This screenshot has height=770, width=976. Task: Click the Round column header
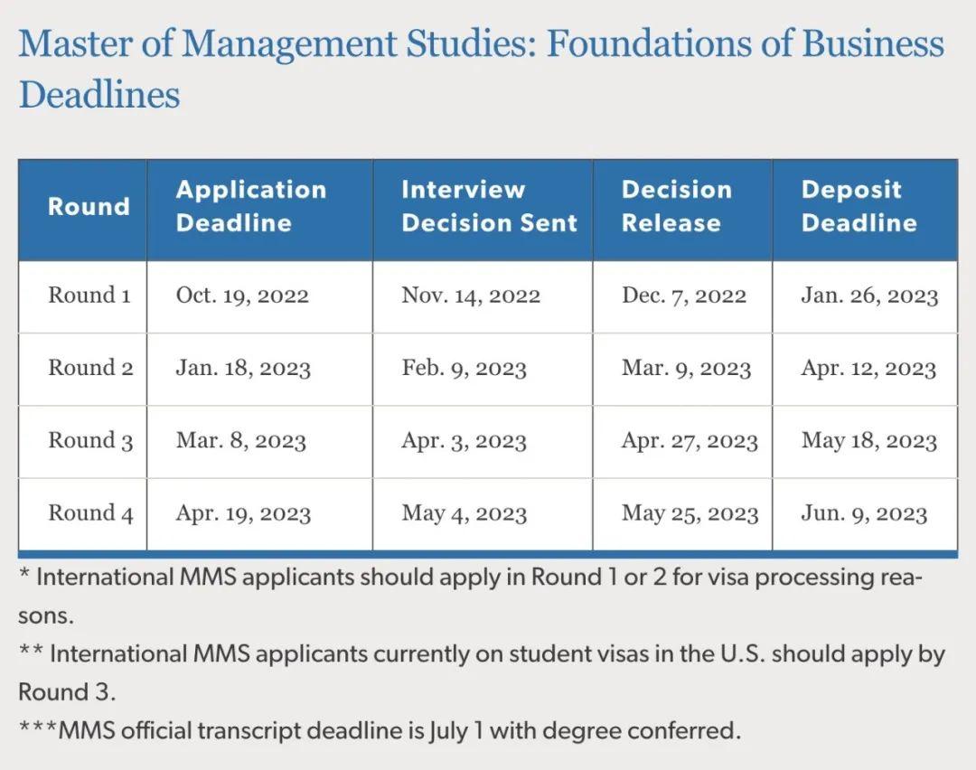(x=89, y=206)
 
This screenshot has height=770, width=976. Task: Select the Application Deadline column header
(x=250, y=206)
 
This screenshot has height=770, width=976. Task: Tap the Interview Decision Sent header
(x=489, y=206)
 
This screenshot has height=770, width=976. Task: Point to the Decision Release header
(x=676, y=206)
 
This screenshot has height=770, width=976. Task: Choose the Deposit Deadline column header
(x=859, y=206)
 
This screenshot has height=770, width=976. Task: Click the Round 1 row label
(x=89, y=296)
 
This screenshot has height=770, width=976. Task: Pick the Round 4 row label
(x=90, y=513)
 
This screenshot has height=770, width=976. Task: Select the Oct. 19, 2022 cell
(x=242, y=296)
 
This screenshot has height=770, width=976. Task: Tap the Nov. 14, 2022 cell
(x=471, y=296)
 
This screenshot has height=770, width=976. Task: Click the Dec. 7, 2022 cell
(x=683, y=296)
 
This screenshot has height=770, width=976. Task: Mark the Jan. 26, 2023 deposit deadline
(x=869, y=296)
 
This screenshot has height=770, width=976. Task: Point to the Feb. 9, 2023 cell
(x=464, y=369)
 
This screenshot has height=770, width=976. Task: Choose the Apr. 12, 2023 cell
(x=868, y=369)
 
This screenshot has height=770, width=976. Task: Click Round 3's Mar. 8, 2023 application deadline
(x=240, y=441)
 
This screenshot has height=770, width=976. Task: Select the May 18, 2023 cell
(x=868, y=441)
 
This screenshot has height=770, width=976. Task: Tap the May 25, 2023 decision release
(x=690, y=513)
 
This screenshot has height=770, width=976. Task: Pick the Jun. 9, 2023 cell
(x=864, y=513)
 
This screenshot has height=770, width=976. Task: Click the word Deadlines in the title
(x=99, y=95)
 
